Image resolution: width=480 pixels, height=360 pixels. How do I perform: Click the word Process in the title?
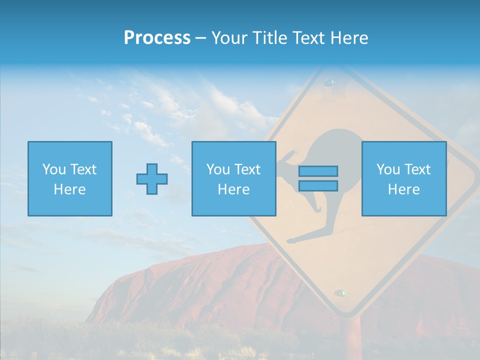click(157, 38)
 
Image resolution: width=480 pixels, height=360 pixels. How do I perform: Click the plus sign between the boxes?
click(152, 178)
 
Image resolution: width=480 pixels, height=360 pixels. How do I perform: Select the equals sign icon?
click(318, 178)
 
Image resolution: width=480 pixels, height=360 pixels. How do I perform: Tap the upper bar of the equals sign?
click(318, 171)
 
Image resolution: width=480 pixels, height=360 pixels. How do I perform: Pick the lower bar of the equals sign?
click(318, 185)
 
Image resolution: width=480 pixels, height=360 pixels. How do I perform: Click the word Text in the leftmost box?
click(83, 169)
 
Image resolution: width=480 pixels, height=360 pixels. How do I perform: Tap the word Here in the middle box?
click(233, 189)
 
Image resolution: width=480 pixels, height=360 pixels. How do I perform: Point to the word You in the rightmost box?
click(388, 169)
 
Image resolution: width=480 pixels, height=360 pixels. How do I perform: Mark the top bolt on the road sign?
click(329, 82)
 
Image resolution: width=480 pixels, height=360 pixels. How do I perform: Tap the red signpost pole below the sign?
click(349, 340)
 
